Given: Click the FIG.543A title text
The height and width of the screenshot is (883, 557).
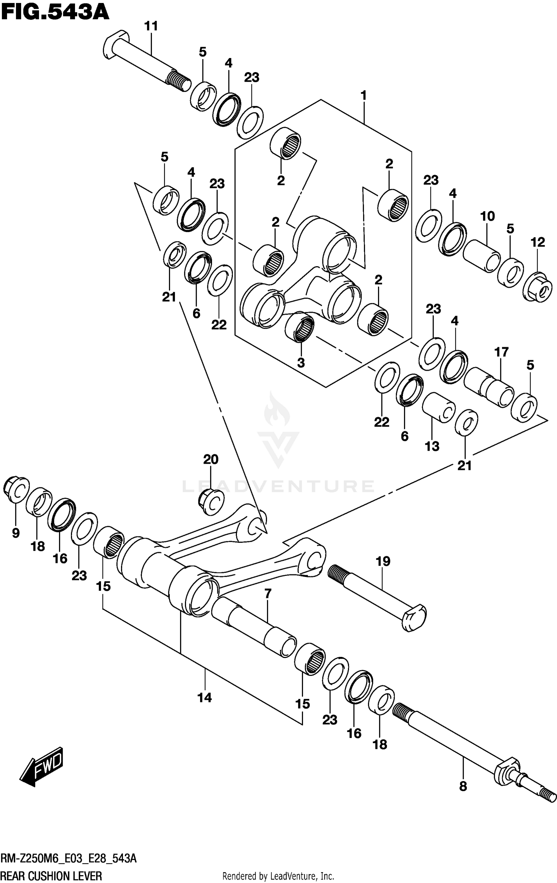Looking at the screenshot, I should pyautogui.click(x=55, y=13).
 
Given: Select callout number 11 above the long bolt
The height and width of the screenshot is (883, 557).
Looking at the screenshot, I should pyautogui.click(x=151, y=26).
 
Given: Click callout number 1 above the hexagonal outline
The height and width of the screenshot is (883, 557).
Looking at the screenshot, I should pyautogui.click(x=364, y=96).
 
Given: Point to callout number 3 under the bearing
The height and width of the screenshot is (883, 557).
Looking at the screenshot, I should pyautogui.click(x=300, y=362).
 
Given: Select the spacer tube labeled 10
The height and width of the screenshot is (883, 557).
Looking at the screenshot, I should pyautogui.click(x=481, y=256).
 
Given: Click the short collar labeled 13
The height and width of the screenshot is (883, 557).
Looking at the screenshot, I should pyautogui.click(x=439, y=407).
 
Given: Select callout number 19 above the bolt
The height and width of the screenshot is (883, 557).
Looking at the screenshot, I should pyautogui.click(x=383, y=561).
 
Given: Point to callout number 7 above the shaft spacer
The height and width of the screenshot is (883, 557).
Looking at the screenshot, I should pyautogui.click(x=268, y=593).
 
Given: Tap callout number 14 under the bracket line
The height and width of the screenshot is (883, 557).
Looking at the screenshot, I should pyautogui.click(x=205, y=697).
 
